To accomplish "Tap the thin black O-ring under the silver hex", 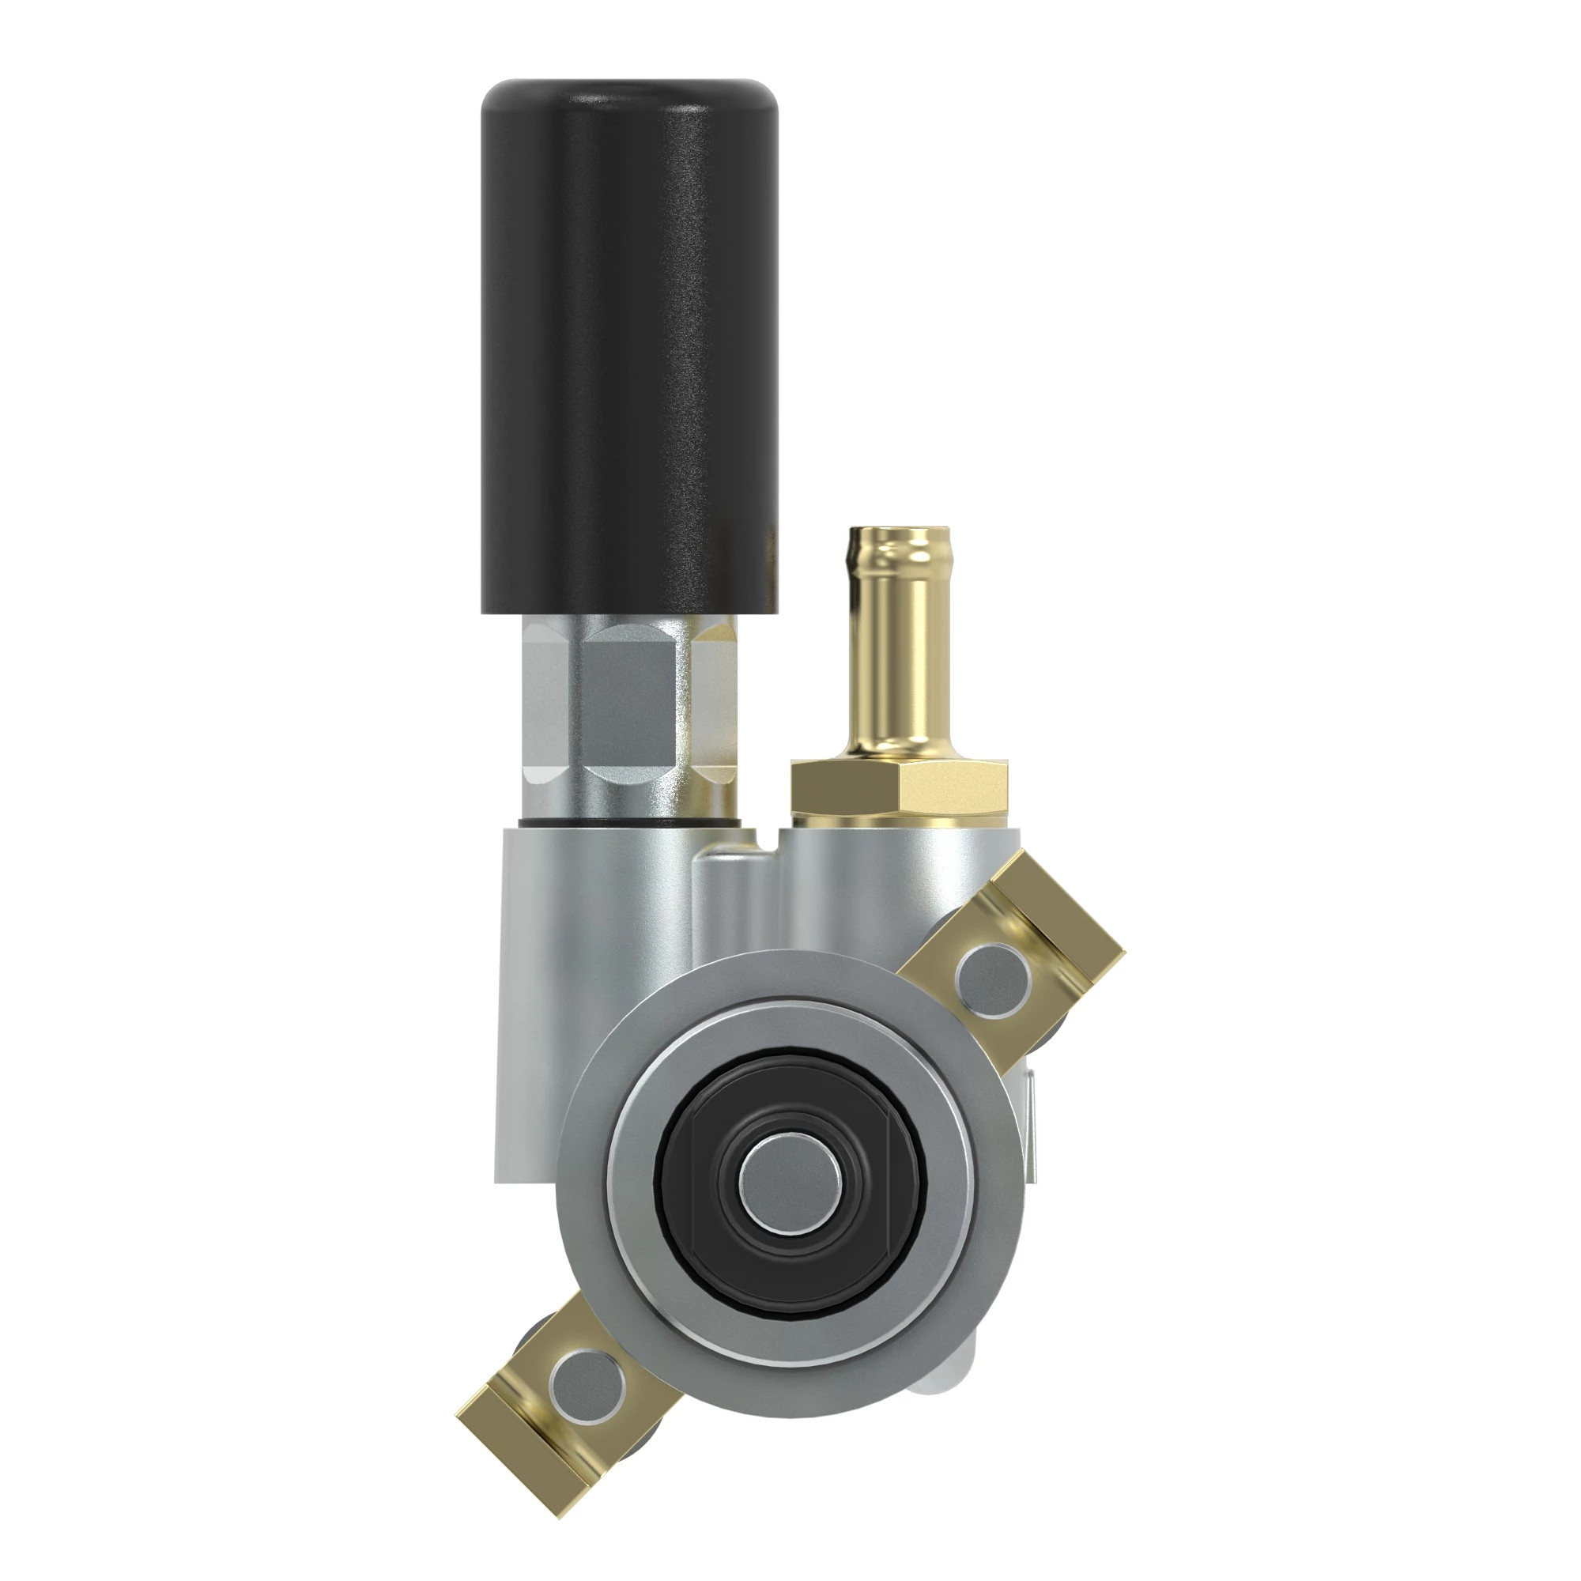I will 628,821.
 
